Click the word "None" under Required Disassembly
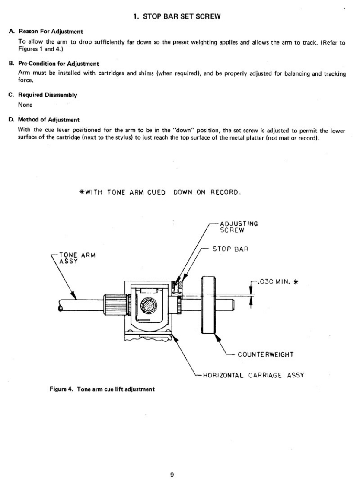[25, 105]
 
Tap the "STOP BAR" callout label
[231, 249]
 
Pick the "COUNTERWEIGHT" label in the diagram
[265, 354]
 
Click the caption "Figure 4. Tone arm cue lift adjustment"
[102, 389]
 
